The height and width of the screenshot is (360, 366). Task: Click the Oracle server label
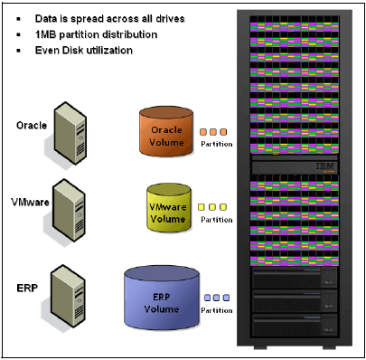(33, 125)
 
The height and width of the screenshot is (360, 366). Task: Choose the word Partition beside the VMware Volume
(216, 219)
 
